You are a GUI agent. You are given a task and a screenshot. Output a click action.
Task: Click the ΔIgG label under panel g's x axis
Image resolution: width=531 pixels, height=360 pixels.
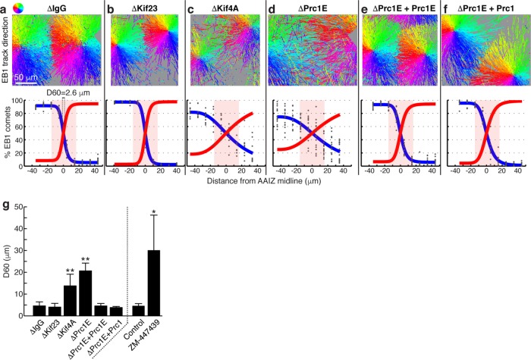tap(36, 328)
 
